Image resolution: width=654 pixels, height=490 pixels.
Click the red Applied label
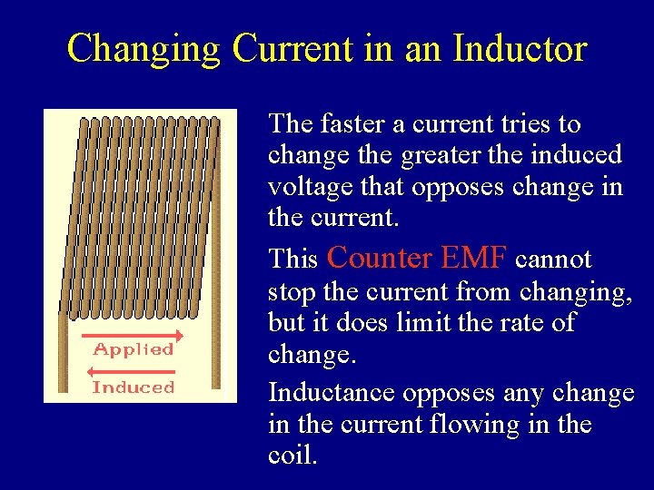point(134,349)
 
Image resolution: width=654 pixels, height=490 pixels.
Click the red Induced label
point(133,387)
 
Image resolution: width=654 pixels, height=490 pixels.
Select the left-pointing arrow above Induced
point(133,371)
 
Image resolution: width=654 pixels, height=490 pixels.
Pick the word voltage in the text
point(303,187)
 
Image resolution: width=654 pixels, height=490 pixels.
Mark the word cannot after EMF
point(553,260)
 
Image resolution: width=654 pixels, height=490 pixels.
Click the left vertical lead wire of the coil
point(63,354)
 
